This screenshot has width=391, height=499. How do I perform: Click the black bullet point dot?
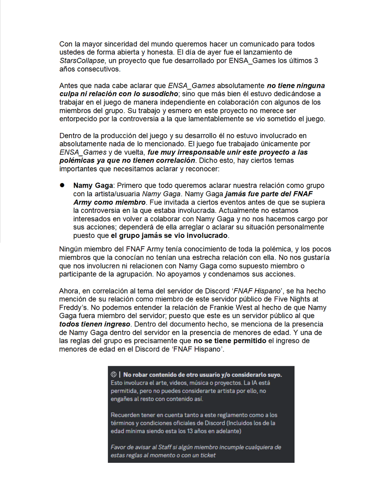pyautogui.click(x=62, y=185)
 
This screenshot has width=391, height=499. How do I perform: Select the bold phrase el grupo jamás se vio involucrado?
pyautogui.click(x=169, y=235)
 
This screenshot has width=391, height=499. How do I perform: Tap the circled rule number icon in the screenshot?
pyautogui.click(x=114, y=375)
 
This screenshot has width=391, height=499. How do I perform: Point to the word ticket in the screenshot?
pyautogui.click(x=207, y=455)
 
